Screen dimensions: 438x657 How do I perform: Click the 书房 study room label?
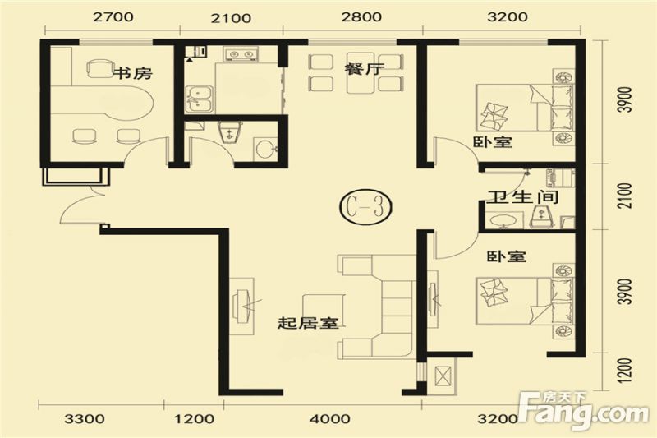[x=131, y=73]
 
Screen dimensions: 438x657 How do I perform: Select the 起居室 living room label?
[x=308, y=323]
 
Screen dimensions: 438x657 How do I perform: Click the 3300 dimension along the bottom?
[x=85, y=419]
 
